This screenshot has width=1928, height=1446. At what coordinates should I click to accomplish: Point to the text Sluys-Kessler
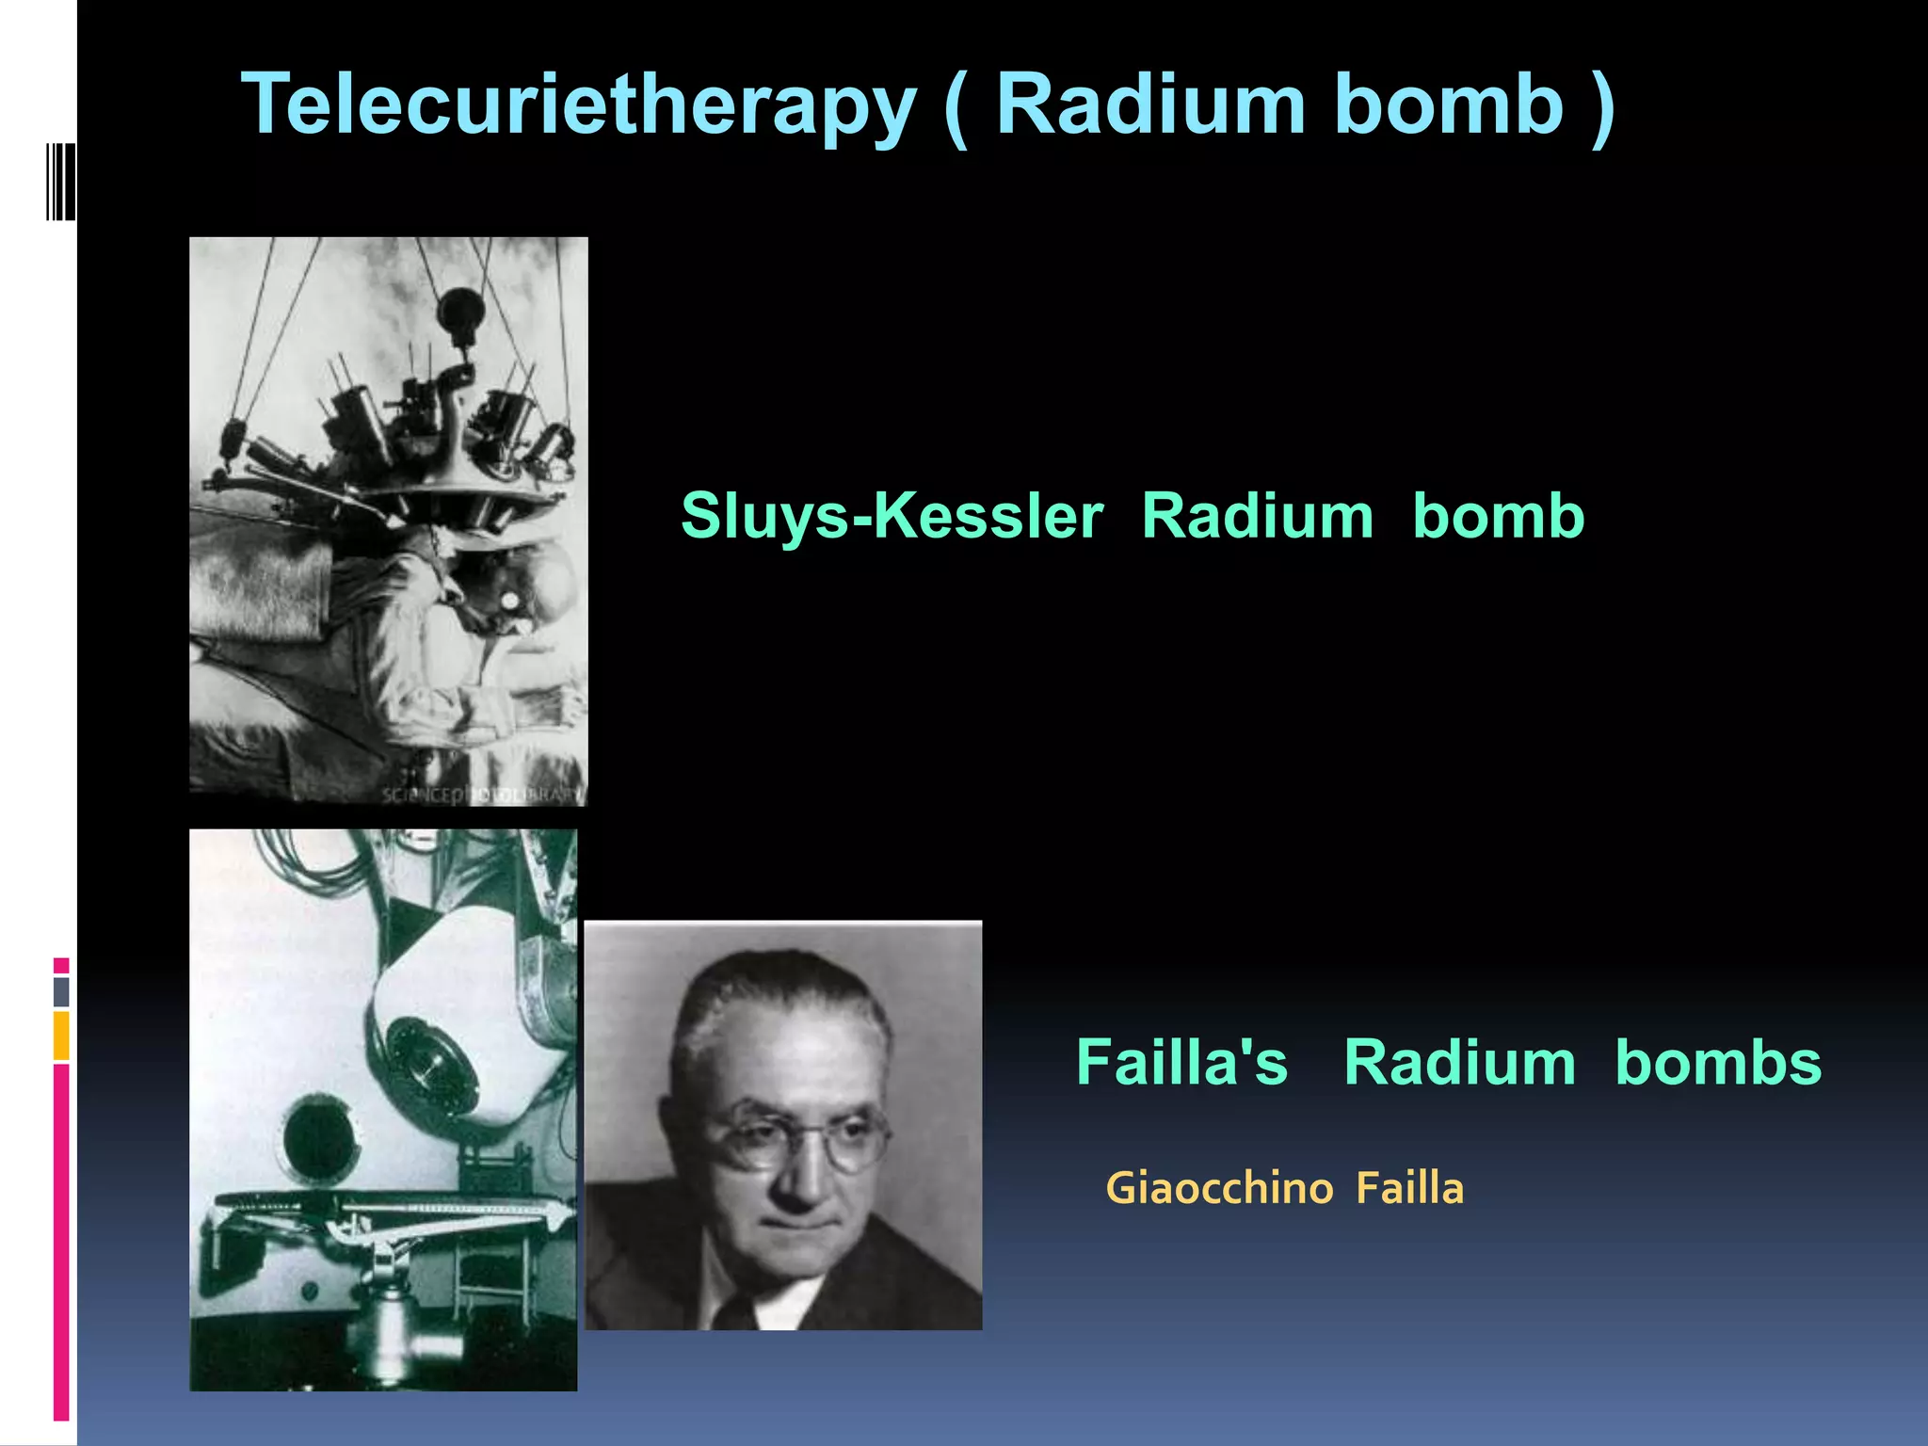coord(892,517)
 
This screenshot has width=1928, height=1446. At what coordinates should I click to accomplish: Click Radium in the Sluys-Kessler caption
coord(1257,517)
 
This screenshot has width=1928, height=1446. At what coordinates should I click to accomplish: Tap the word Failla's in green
coord(1181,1063)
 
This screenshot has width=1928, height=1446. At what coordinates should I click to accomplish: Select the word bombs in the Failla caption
coord(1718,1063)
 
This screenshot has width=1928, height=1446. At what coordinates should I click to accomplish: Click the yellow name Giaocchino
coord(1219,1189)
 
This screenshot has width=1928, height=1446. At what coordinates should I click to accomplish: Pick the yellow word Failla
coord(1410,1189)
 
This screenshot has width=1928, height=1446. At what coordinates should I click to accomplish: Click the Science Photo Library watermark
coord(482,795)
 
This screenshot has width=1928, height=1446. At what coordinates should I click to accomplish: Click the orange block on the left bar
coord(61,1035)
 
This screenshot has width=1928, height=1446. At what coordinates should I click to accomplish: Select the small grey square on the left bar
coord(61,991)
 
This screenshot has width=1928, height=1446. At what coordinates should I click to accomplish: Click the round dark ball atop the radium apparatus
coord(460,308)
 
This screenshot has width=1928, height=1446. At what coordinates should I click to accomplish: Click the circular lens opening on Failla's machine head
coord(428,1064)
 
